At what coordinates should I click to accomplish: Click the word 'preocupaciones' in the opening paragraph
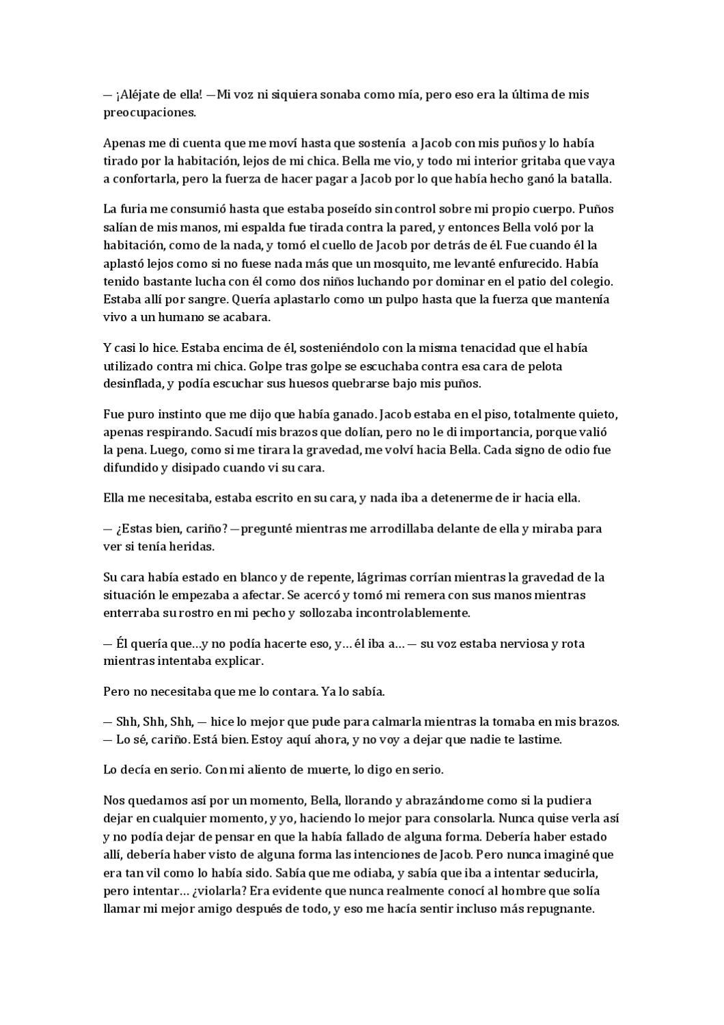coord(148,113)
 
